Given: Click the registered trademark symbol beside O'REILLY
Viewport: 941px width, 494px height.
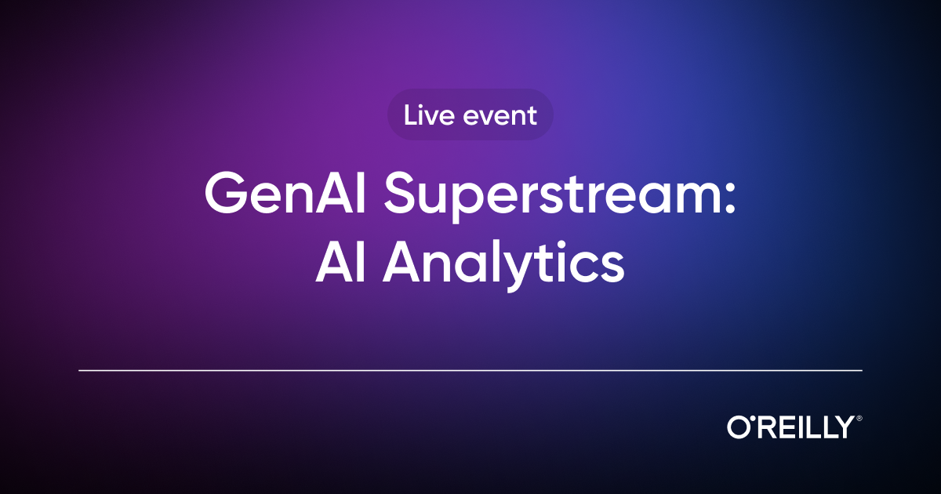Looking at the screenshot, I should (x=859, y=419).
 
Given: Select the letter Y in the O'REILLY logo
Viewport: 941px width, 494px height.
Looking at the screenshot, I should (x=843, y=427).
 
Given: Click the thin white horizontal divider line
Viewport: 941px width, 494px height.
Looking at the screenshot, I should (x=470, y=370).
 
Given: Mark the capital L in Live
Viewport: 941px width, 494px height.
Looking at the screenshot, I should (x=410, y=115).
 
